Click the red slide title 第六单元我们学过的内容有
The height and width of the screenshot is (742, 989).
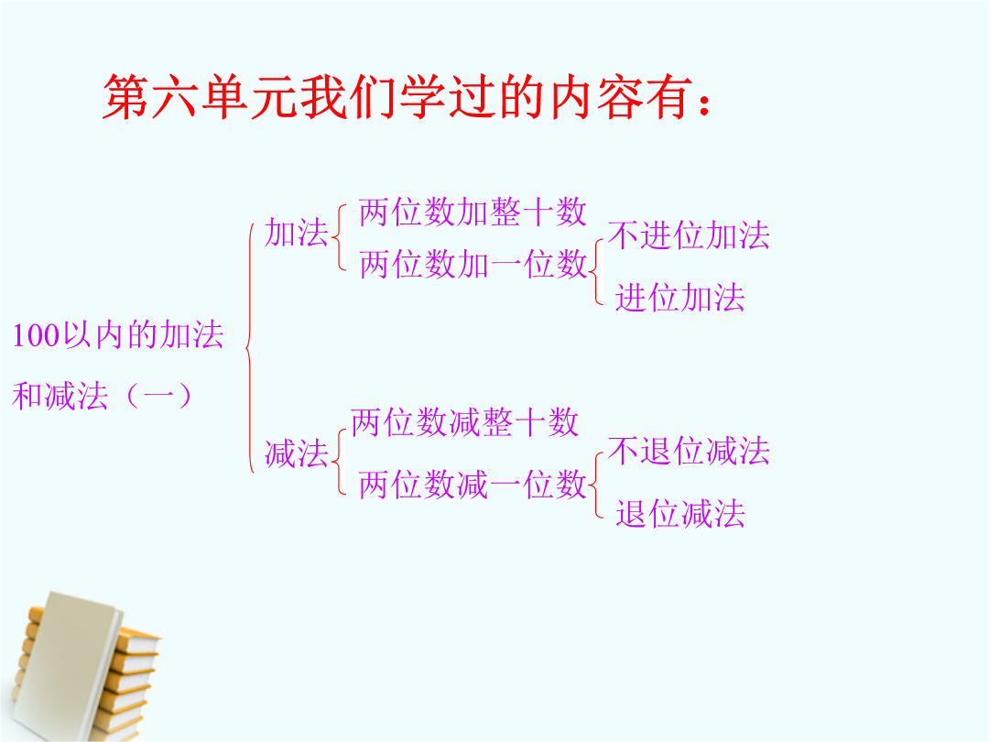[407, 97]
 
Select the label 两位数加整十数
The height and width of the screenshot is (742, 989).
[473, 212]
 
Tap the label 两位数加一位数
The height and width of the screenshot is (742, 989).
[473, 264]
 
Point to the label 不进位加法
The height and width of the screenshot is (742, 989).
[689, 235]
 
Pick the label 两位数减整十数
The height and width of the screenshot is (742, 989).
[464, 422]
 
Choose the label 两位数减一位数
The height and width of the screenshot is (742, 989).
[473, 486]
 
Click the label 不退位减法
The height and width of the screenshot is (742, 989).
[689, 451]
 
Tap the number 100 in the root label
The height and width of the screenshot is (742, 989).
[36, 335]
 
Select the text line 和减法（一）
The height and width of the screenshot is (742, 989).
[103, 397]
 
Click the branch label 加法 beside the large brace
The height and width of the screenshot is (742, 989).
[297, 232]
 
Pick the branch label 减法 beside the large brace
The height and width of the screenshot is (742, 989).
[297, 453]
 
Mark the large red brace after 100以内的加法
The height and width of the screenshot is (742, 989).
[250, 347]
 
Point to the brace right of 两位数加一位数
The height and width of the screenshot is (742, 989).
[597, 272]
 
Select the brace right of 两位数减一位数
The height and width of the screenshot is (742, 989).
[597, 486]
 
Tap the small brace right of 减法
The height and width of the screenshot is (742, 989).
[340, 461]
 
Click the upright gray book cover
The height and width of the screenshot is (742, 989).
[66, 666]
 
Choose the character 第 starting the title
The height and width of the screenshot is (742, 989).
[126, 97]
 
